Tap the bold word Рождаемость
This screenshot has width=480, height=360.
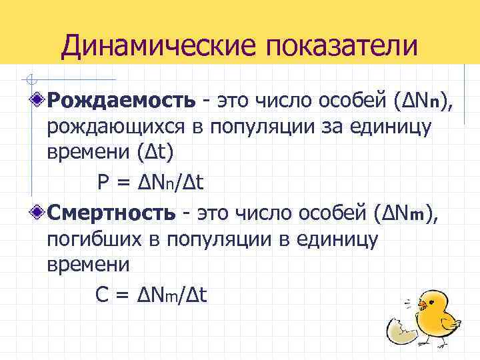point(121,101)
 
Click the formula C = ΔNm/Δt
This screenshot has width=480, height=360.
point(148,295)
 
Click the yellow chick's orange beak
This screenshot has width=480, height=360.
point(422,307)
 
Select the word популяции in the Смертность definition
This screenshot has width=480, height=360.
point(215,239)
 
